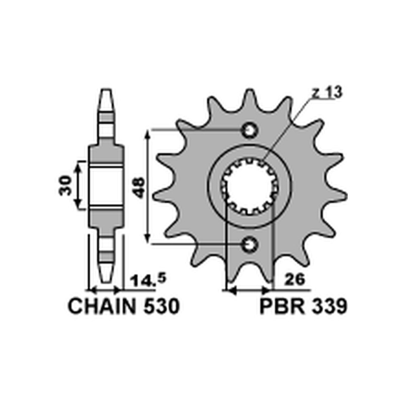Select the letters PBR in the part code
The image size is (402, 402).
pyautogui.click(x=279, y=307)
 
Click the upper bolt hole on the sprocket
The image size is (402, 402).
pyautogui.click(x=249, y=130)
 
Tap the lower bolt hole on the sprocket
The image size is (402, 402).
pyautogui.click(x=249, y=245)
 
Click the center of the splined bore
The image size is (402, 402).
pyautogui.click(x=249, y=187)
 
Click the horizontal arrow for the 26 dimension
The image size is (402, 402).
pyautogui.click(x=249, y=290)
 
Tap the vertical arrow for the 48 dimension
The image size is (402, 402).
pyautogui.click(x=147, y=187)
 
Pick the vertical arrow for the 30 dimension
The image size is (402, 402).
pyautogui.click(x=77, y=185)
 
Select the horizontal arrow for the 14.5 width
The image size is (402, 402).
pyautogui.click(x=106, y=290)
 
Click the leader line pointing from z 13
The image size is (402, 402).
pyautogui.click(x=286, y=128)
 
